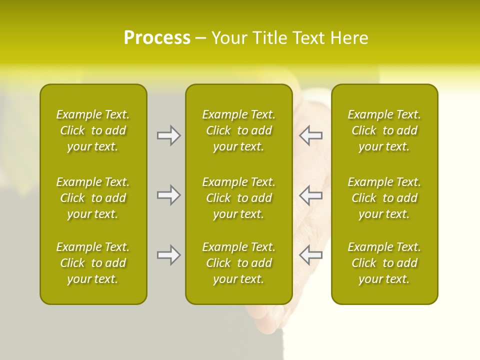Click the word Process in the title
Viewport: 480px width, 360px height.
157,38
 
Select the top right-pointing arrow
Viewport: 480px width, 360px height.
169,135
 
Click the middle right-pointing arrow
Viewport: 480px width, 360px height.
169,195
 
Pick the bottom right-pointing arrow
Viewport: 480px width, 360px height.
169,255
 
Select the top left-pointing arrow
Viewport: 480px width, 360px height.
310,135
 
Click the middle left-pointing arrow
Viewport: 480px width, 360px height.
310,195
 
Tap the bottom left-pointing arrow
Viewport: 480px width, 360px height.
310,255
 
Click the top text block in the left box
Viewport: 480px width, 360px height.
93,130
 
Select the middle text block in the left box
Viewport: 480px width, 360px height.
93,198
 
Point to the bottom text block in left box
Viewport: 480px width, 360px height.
93,263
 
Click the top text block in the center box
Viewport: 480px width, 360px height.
238,130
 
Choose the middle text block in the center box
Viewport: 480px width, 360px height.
238,198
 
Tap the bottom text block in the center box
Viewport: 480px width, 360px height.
238,263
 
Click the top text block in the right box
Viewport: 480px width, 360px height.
384,130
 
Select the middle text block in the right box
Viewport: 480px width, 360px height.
384,198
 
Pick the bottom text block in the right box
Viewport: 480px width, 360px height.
384,263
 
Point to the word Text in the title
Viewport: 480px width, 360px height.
307,38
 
